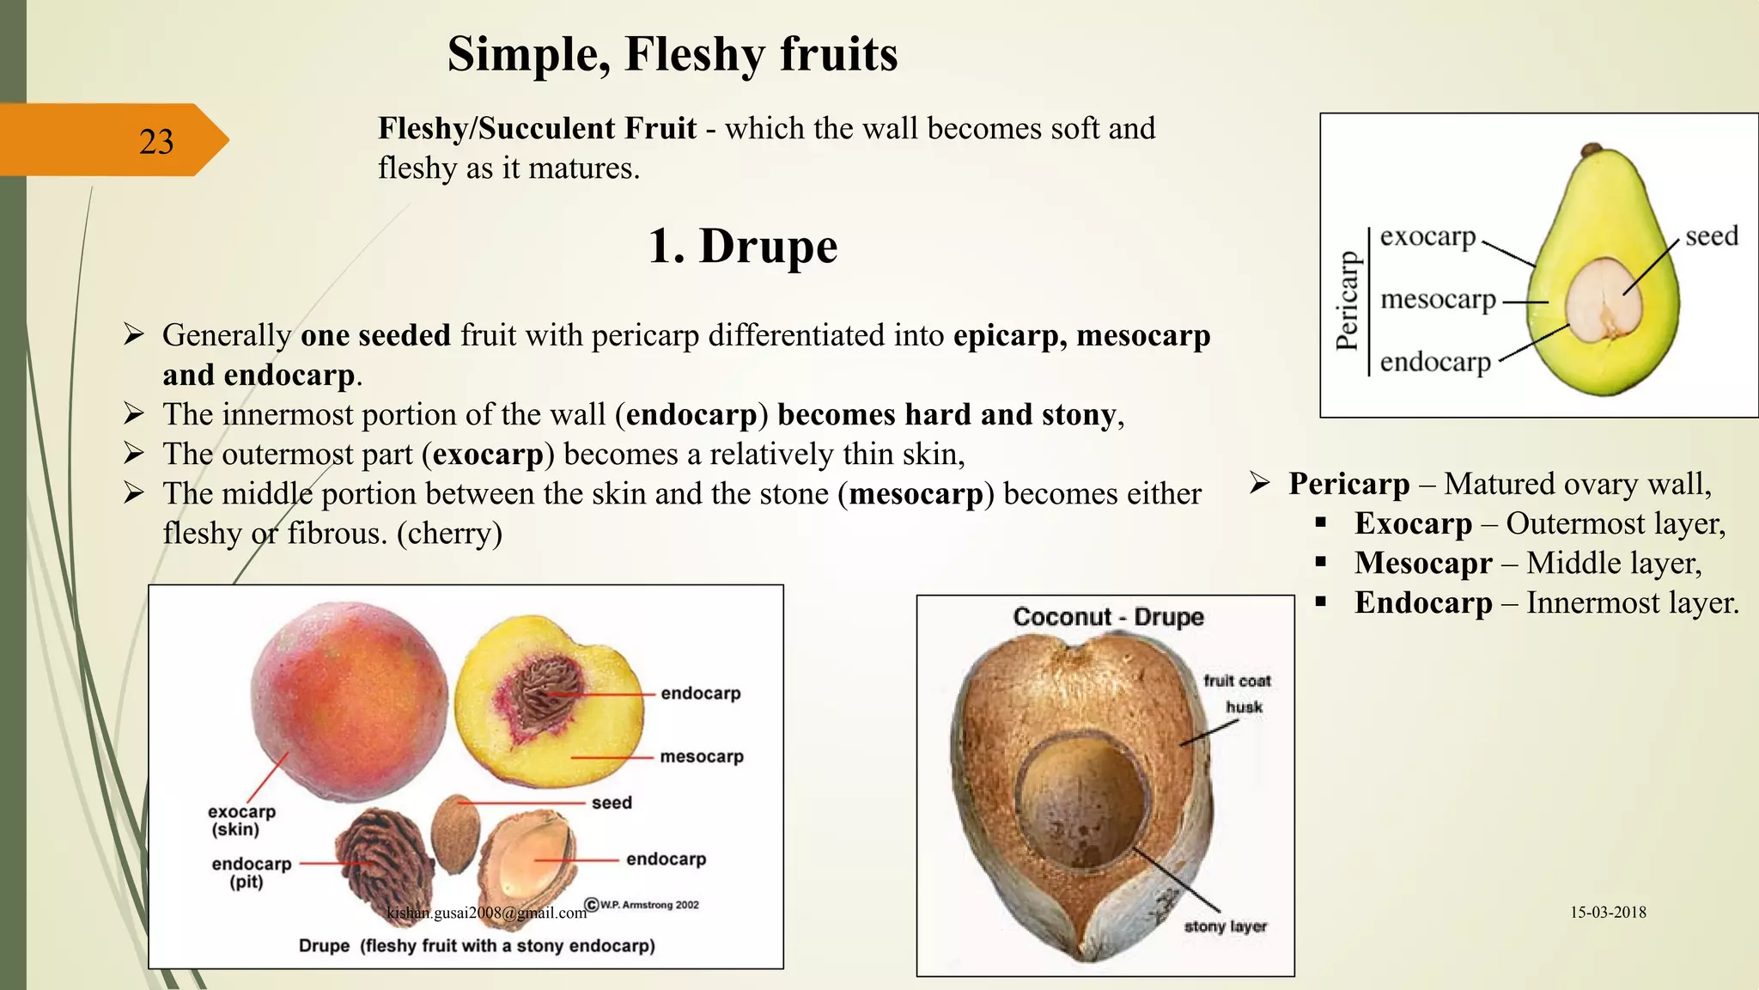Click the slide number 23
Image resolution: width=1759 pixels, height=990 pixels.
[x=156, y=142]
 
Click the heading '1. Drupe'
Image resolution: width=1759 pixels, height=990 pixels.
[x=742, y=247]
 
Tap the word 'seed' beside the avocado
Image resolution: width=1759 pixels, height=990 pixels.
[x=1711, y=235]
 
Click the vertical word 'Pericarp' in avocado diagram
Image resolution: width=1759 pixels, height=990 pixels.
[x=1348, y=301]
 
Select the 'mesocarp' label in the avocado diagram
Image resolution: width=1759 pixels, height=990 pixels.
[x=1438, y=299]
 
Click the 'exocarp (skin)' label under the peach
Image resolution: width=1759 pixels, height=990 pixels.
[x=240, y=820]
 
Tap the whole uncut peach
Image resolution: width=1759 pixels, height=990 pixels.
[x=349, y=700]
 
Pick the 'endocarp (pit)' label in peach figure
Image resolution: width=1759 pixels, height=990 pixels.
[x=251, y=871]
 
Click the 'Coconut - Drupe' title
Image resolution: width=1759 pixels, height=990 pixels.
[x=1108, y=617]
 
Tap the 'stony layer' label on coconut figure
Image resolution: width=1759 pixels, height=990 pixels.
[x=1225, y=926]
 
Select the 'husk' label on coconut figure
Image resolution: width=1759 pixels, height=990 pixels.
[x=1244, y=707]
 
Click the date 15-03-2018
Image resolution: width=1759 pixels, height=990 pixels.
[x=1608, y=913]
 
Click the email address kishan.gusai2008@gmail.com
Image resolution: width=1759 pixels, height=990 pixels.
[x=486, y=913]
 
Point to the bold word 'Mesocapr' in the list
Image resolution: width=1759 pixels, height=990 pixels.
[x=1423, y=563]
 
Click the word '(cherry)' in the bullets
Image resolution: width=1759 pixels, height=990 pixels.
[x=449, y=534]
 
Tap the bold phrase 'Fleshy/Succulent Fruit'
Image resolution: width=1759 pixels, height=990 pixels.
[x=537, y=129]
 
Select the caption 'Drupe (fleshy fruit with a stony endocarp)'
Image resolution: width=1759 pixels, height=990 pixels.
[x=477, y=945]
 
